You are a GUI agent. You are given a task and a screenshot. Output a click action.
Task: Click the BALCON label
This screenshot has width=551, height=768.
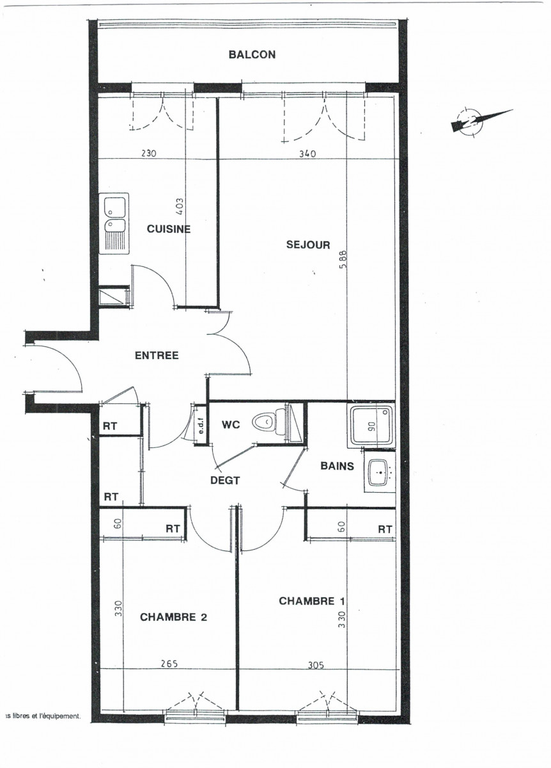click(252, 55)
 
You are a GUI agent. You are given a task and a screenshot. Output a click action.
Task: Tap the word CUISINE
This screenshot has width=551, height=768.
click(169, 229)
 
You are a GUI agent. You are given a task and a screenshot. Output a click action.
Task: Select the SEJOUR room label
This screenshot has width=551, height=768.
click(308, 244)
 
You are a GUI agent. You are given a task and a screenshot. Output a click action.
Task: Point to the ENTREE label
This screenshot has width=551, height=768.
click(156, 356)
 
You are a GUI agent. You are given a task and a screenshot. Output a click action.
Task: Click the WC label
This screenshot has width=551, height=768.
click(230, 424)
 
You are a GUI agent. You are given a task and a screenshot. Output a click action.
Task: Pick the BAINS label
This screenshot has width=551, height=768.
click(337, 466)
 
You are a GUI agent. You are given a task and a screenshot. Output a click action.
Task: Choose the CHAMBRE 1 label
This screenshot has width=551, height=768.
click(311, 601)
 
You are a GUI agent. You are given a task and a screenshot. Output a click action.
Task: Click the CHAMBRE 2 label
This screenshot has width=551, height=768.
click(173, 617)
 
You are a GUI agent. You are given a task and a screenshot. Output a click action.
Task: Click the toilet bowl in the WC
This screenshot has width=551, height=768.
click(265, 422)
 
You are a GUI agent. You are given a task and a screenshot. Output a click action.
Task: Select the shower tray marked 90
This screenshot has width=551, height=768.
click(371, 424)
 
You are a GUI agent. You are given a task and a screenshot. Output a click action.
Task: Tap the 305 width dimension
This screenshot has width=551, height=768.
click(316, 664)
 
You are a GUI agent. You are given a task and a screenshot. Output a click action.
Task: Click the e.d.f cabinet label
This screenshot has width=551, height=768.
click(199, 424)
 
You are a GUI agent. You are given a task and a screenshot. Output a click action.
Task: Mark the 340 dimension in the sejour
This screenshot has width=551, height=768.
click(309, 154)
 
